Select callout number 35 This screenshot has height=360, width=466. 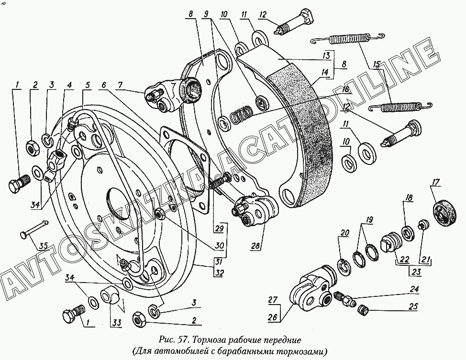pos(43,246)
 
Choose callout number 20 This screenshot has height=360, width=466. pos(344,233)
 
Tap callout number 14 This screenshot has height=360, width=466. pos(325,72)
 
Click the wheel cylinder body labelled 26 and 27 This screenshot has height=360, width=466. pos(311,290)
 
